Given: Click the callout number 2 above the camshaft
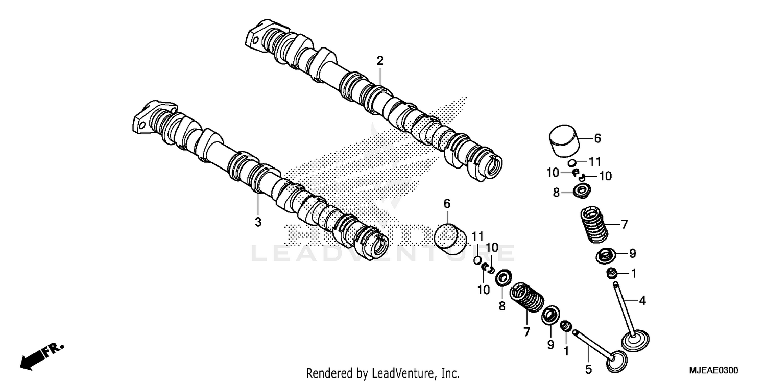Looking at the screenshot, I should [x=379, y=61].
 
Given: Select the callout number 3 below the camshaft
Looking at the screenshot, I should [x=258, y=222].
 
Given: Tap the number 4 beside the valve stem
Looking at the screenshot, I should [x=642, y=301].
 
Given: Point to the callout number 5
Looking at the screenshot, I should [x=588, y=368].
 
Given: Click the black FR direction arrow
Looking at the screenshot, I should [x=32, y=360].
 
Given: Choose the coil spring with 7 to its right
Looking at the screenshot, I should [x=594, y=223].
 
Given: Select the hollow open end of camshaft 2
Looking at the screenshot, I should [x=493, y=166].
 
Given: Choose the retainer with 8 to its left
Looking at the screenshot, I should [x=581, y=193].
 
